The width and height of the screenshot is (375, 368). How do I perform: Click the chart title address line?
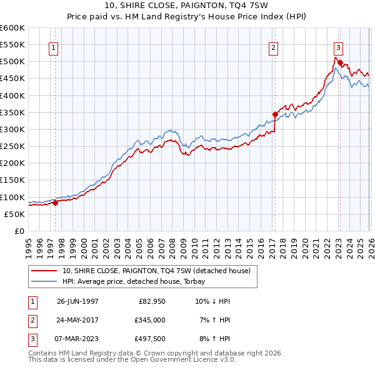[187, 6]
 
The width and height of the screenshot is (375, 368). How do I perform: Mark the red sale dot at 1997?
[55, 202]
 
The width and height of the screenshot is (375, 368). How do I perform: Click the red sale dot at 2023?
[339, 62]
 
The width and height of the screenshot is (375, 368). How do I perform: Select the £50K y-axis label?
[14, 214]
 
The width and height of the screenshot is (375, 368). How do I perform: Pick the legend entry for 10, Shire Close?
[156, 271]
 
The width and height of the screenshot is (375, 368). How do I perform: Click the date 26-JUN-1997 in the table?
[77, 301]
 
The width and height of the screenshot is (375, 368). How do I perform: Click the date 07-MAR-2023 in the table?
[77, 339]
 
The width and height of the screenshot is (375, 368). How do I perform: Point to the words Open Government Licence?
[184, 360]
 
